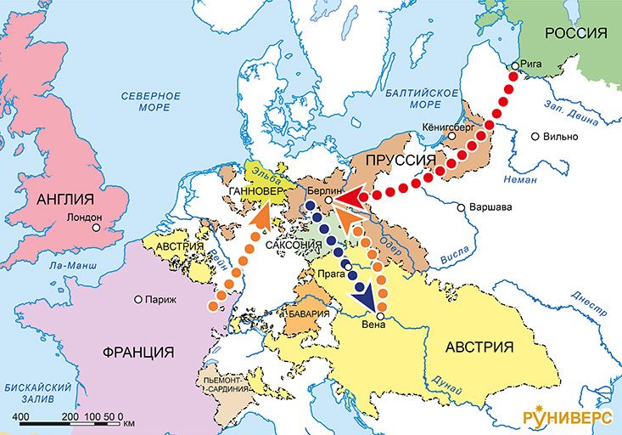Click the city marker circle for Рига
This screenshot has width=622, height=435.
514,65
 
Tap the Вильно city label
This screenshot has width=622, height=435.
562,137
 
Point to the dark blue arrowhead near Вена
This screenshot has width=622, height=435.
367,299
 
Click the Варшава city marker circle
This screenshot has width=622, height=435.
460,207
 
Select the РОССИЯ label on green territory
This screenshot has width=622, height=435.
576,33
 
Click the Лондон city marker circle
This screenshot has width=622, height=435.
98,228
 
